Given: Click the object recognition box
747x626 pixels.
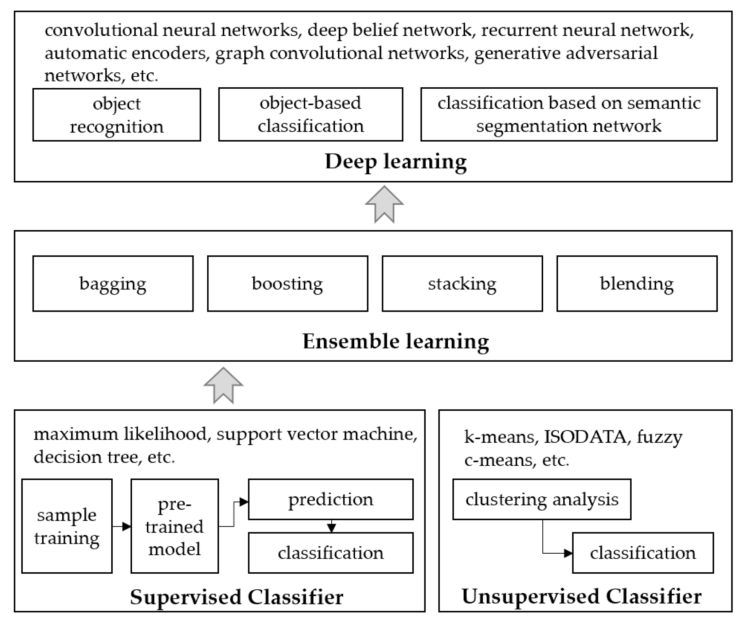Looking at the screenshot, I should click(x=117, y=115).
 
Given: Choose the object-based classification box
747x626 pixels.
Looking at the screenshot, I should click(x=311, y=114).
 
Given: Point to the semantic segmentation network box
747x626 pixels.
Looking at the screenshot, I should click(x=569, y=114).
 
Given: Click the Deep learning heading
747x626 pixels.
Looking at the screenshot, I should click(x=395, y=162).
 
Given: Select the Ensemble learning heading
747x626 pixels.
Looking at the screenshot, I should click(x=395, y=341).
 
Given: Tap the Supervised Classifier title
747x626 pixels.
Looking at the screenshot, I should click(x=237, y=597).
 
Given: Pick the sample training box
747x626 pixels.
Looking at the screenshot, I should click(x=67, y=526).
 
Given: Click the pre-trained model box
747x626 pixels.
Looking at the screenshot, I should click(x=175, y=526).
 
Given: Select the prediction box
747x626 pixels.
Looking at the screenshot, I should click(x=331, y=499).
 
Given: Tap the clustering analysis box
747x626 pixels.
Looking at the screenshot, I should click(x=542, y=499).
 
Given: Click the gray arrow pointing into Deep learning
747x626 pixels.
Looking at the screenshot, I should click(x=384, y=204).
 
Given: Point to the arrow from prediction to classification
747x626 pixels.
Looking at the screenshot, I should click(x=332, y=526).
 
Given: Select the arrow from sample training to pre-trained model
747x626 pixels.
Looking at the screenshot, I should click(x=122, y=526).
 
